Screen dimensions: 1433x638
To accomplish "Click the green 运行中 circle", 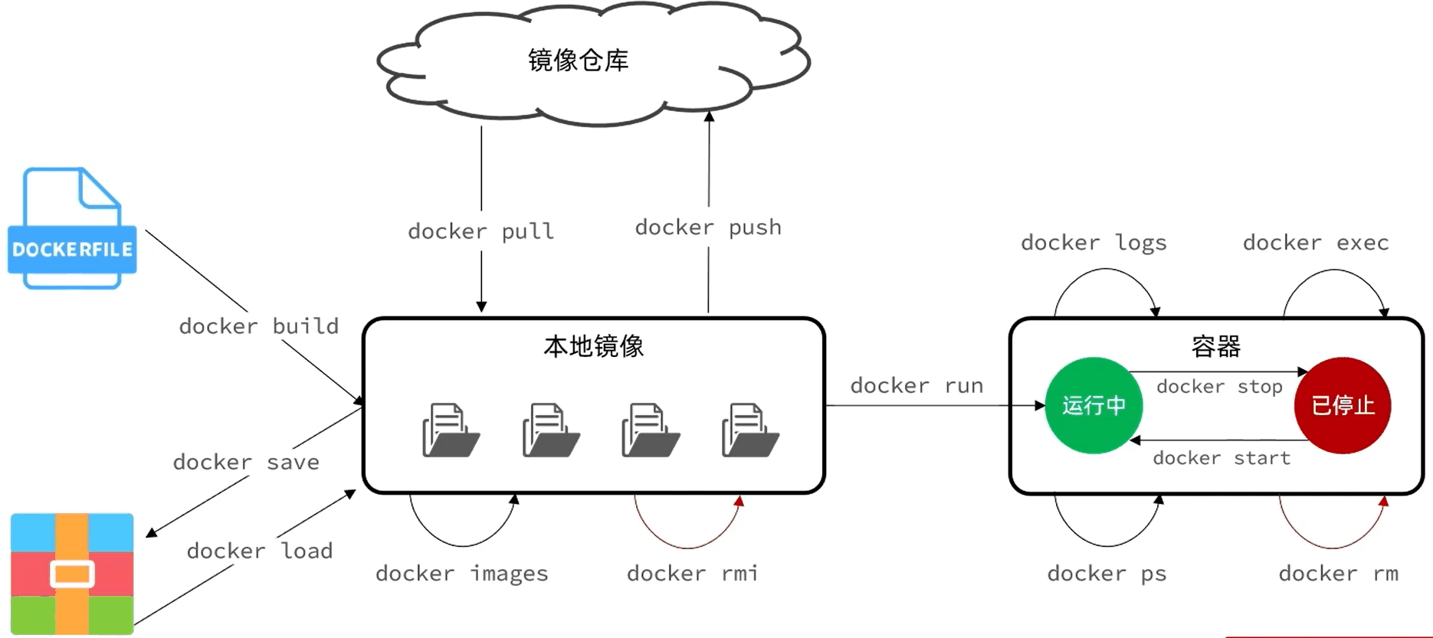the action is click(1094, 405).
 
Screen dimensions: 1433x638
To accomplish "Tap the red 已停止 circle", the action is click(1343, 405).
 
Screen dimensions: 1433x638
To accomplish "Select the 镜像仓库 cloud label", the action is click(579, 60).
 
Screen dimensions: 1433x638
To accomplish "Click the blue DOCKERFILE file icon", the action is click(72, 228).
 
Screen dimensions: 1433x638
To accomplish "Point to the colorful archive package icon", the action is click(72, 574).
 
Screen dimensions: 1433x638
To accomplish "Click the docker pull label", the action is click(480, 231).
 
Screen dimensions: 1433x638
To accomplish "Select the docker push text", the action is click(708, 227).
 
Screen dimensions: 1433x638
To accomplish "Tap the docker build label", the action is click(258, 326).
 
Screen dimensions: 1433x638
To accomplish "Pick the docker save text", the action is click(246, 462).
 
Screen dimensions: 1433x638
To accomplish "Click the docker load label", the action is click(260, 551).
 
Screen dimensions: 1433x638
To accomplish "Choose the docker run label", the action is click(917, 385).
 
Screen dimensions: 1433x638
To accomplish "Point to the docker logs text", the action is click(1094, 244).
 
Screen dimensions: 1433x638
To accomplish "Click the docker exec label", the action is click(1316, 243).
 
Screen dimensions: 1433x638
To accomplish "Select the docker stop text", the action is click(1219, 387).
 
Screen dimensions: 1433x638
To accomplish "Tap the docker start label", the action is click(1221, 458).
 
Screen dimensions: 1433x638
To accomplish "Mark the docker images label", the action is click(462, 574).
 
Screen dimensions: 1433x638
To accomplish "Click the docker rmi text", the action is click(693, 573).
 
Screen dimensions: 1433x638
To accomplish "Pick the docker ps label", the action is click(1107, 574).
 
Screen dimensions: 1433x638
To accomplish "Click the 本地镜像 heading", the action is click(594, 346).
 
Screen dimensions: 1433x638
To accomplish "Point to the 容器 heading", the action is click(1216, 347).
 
